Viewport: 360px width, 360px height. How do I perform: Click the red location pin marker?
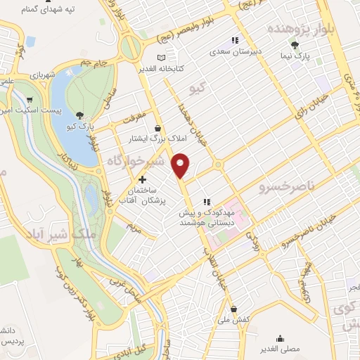pyautogui.click(x=181, y=165)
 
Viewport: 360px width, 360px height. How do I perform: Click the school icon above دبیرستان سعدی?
pyautogui.click(x=235, y=40)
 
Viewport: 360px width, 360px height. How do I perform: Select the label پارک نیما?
pyautogui.click(x=303, y=55)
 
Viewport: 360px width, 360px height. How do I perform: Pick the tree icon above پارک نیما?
pyautogui.click(x=304, y=44)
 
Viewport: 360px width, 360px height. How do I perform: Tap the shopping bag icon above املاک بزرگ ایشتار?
pyautogui.click(x=157, y=128)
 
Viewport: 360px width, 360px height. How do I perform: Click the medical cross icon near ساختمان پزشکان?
pyautogui.click(x=143, y=180)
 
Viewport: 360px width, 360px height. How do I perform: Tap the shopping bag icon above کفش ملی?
pyautogui.click(x=233, y=309)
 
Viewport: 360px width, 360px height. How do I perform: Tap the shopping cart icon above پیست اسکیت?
pyautogui.click(x=29, y=100)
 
